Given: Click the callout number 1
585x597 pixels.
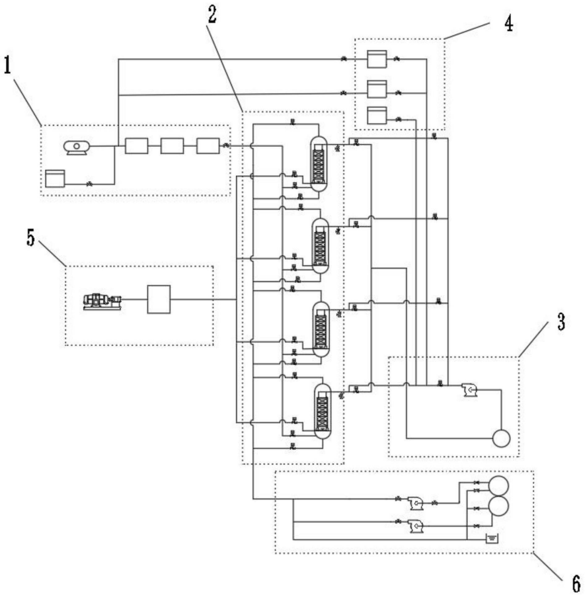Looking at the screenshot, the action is [7, 65].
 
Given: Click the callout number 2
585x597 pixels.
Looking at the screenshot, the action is [212, 15].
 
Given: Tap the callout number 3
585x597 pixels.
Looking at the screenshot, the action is [561, 322].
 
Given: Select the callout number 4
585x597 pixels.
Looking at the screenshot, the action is [508, 23].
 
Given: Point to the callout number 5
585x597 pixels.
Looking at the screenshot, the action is [30, 237].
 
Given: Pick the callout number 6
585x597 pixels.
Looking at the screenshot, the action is [576, 582].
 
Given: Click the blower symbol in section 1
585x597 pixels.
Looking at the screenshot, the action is [77, 147].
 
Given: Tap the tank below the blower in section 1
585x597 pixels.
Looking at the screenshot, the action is [55, 179].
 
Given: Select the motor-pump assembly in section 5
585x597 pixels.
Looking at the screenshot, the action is [102, 301].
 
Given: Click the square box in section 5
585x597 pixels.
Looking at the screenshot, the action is [159, 299].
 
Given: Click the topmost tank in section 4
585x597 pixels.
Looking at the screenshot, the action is [377, 59].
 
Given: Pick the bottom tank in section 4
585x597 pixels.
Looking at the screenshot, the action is [377, 115].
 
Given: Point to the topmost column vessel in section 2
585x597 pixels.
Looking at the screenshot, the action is [318, 164].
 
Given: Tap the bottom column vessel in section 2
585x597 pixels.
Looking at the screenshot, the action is [323, 411].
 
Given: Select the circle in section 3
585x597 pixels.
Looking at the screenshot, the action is [501, 438].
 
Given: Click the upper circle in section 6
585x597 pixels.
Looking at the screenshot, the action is [498, 485].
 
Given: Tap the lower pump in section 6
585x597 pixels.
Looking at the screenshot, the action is [416, 526].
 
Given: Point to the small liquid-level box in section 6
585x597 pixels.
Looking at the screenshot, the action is [491, 538].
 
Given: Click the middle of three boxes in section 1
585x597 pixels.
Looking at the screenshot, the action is [172, 146].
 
